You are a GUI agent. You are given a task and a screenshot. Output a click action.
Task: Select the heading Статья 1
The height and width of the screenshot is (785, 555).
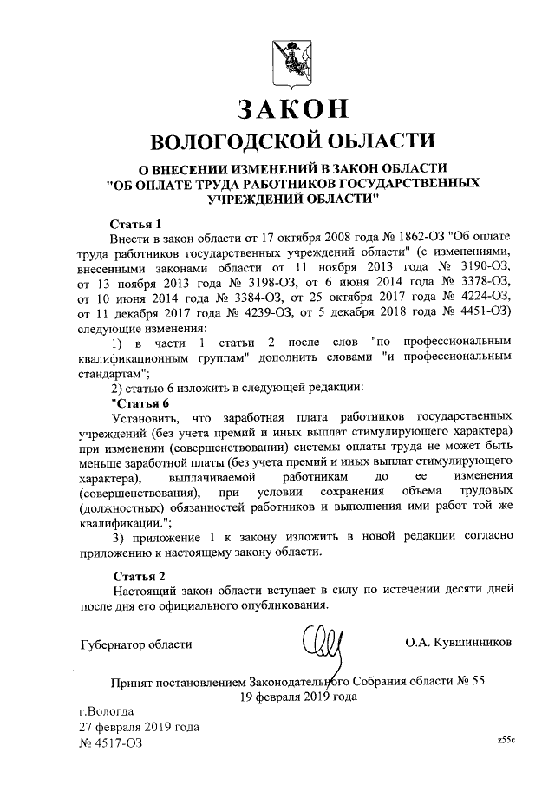click(137, 222)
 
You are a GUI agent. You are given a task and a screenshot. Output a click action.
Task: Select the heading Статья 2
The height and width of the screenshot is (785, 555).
click(138, 575)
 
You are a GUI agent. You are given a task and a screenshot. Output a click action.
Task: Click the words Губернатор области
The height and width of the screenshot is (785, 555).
click(134, 644)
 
